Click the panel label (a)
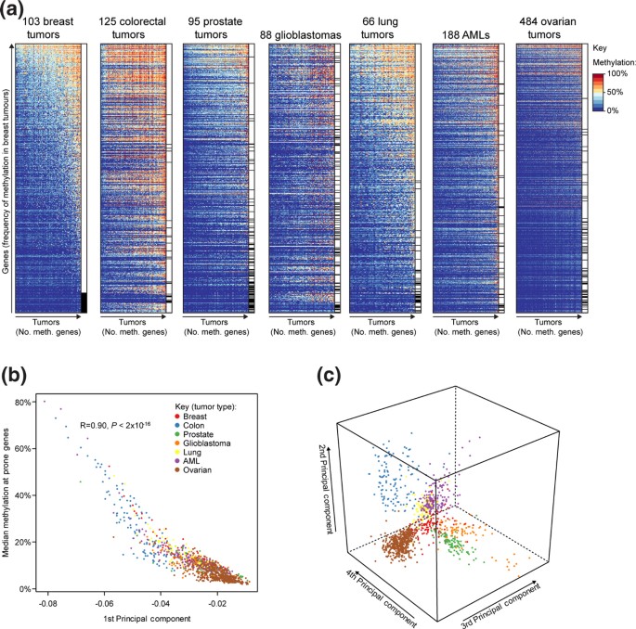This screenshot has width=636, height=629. click(16, 10)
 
